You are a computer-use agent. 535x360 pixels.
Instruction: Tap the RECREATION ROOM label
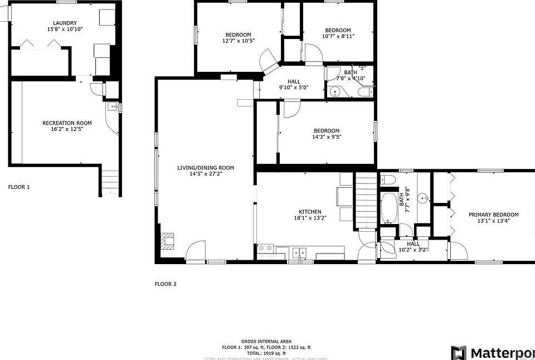pos(67,123)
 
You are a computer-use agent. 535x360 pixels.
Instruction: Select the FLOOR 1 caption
pos(18,187)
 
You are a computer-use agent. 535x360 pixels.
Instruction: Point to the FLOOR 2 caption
pos(166,284)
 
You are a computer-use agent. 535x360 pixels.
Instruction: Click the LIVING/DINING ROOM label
pos(206,168)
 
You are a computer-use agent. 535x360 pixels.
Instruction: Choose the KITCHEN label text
pos(310,212)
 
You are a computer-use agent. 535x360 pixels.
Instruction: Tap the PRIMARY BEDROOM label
pos(493,215)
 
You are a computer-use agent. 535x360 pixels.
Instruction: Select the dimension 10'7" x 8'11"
pos(338,36)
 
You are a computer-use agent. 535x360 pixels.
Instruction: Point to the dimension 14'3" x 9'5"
pos(326,137)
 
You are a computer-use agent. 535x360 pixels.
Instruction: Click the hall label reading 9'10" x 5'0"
pos(294,88)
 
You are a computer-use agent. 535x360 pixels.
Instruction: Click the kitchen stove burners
pos(265,248)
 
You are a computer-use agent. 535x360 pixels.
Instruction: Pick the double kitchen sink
pos(301,252)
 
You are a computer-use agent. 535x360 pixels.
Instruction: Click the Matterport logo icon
pos(458,353)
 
